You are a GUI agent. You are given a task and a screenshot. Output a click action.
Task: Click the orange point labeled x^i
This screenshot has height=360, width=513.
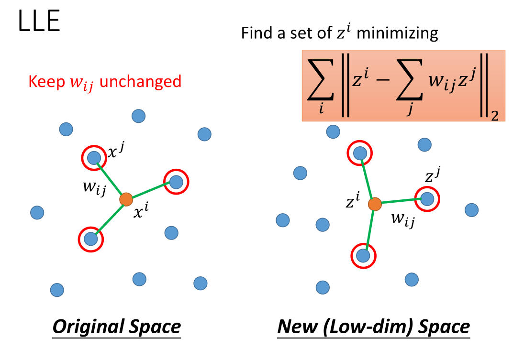point(126,199)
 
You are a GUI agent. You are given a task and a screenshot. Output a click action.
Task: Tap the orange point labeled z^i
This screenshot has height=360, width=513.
point(375,204)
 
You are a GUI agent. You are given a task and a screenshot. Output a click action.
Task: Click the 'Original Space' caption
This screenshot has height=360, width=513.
point(117,327)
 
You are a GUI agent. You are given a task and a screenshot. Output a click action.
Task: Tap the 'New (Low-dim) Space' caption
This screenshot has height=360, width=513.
point(374,327)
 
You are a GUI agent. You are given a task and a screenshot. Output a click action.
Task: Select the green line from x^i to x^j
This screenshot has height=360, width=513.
point(110,178)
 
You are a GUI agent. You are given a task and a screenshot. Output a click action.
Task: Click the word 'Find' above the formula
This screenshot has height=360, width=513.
point(254,33)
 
